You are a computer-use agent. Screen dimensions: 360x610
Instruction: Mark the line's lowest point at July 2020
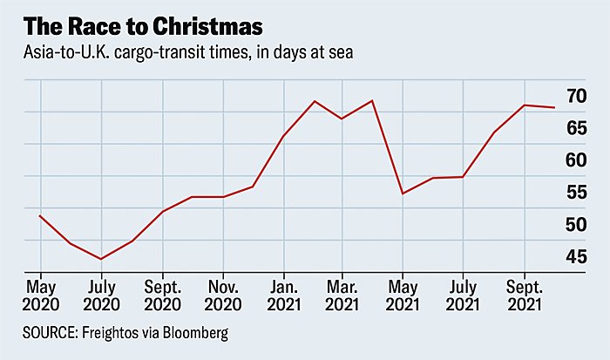pyautogui.click(x=101, y=259)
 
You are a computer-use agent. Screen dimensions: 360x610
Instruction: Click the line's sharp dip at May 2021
pyautogui.click(x=403, y=194)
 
